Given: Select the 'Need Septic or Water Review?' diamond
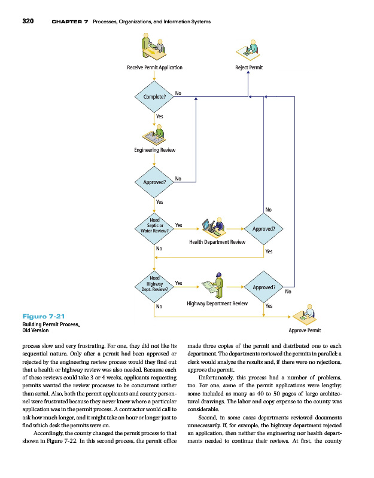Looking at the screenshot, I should click(x=154, y=228).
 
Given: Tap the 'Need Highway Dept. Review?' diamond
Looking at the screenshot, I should click(x=154, y=283).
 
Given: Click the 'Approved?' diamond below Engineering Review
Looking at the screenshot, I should click(x=154, y=181).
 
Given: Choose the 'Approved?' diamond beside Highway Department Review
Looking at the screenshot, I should click(x=264, y=287).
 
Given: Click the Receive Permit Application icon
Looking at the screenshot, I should click(x=153, y=46).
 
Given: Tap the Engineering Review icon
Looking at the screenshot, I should click(x=154, y=133).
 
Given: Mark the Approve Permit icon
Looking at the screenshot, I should click(x=305, y=314).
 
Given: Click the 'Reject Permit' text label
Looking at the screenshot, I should click(x=250, y=68).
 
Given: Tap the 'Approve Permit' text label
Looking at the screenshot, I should click(x=305, y=330).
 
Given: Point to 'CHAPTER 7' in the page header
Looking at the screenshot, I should click(x=70, y=22).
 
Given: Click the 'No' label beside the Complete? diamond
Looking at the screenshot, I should click(x=178, y=93).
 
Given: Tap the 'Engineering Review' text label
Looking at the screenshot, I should click(x=154, y=149).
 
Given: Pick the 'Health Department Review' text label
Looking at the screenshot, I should click(x=217, y=242).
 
